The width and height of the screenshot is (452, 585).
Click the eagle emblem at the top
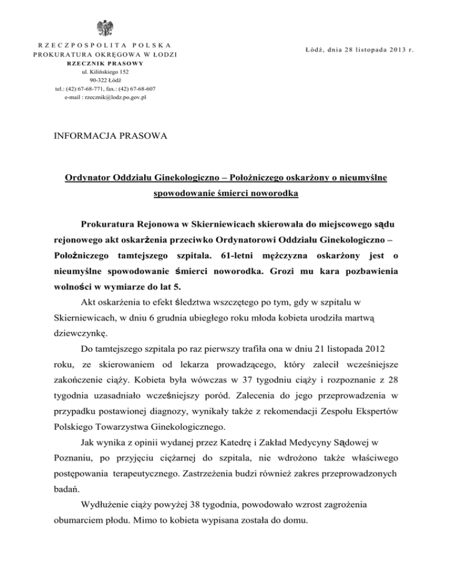[107, 28]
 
